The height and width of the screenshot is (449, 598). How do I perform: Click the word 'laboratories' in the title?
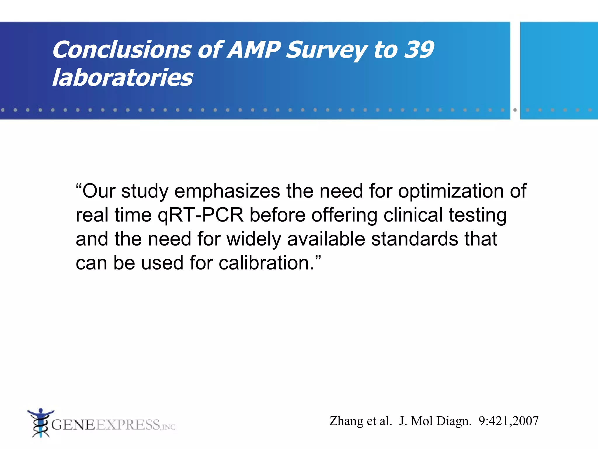[123, 77]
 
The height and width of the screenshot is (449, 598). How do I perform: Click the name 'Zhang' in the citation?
[346, 421]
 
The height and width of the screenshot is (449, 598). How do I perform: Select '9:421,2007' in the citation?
[508, 421]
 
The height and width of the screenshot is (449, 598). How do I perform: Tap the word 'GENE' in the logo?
[73, 425]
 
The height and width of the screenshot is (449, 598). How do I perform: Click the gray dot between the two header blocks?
[515, 110]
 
